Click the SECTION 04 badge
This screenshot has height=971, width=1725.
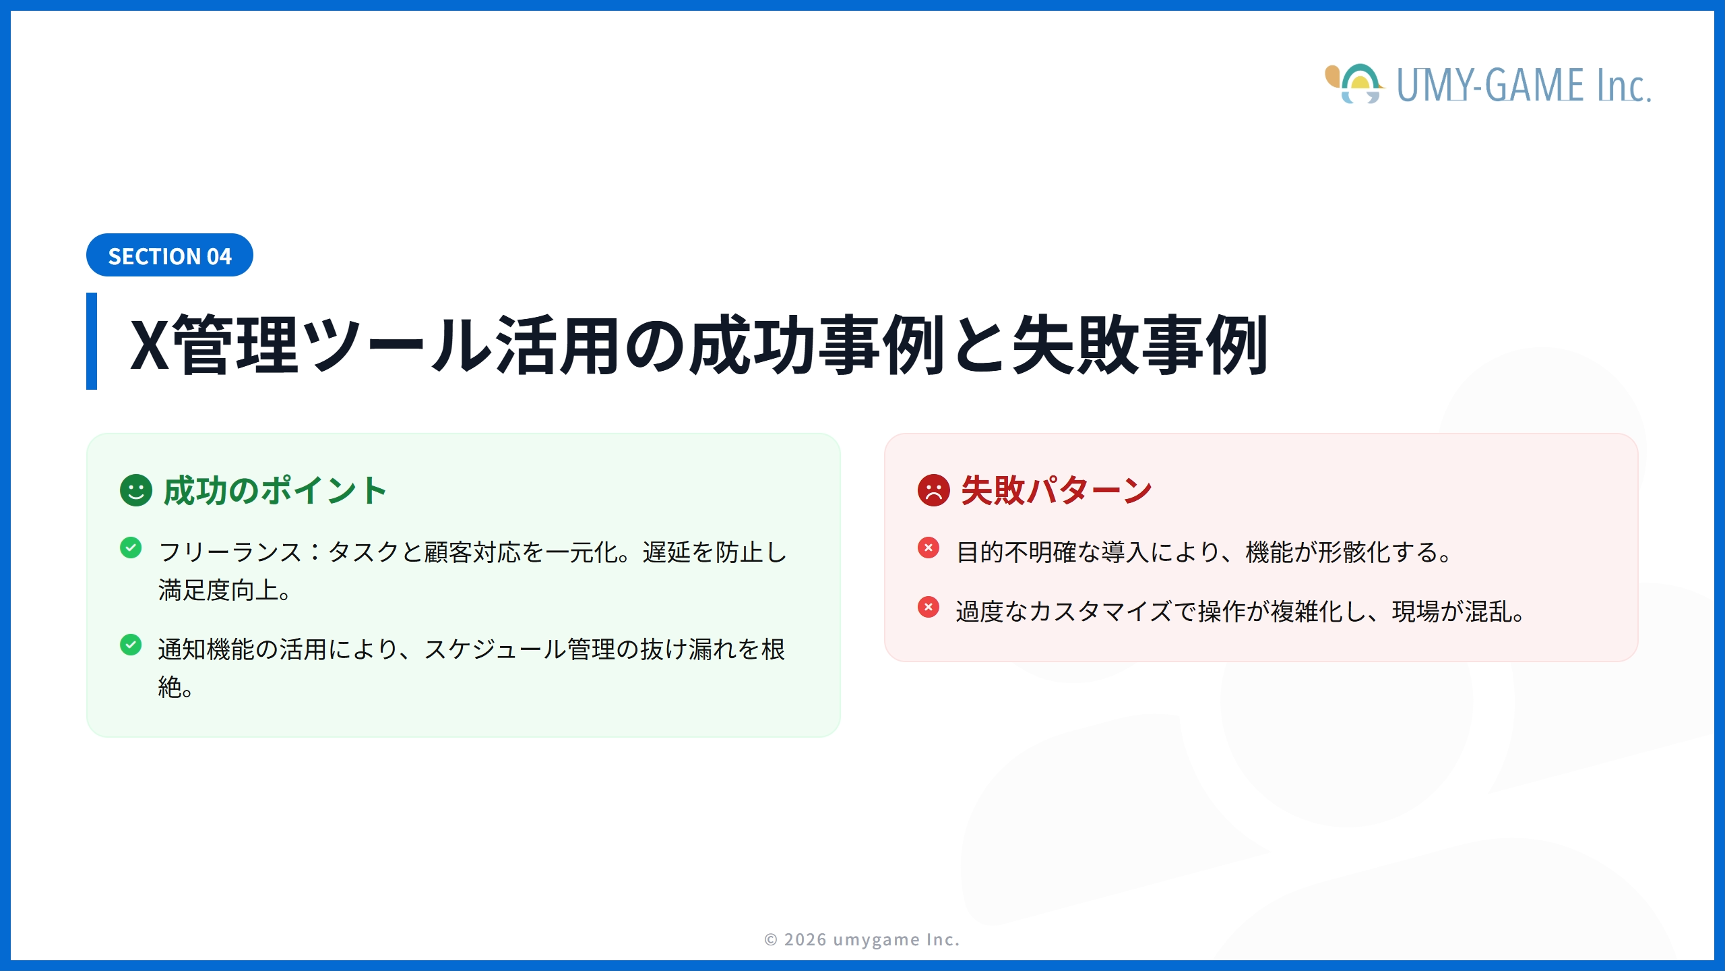169,256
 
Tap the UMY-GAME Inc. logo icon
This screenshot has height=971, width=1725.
1355,84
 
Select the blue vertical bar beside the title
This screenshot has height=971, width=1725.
92,341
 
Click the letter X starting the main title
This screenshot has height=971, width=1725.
150,345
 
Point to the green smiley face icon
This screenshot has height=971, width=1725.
136,490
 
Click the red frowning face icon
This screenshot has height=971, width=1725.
933,490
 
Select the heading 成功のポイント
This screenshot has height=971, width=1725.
275,490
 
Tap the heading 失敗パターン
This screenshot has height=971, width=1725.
1056,490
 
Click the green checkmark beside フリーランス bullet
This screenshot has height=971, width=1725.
131,548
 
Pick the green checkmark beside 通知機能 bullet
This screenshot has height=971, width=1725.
131,645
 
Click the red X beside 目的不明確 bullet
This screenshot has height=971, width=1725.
929,548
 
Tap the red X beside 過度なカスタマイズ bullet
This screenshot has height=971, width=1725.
929,607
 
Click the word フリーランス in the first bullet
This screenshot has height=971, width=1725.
230,552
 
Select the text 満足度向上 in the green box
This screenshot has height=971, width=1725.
219,590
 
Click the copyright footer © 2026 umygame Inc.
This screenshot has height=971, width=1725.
862,939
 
